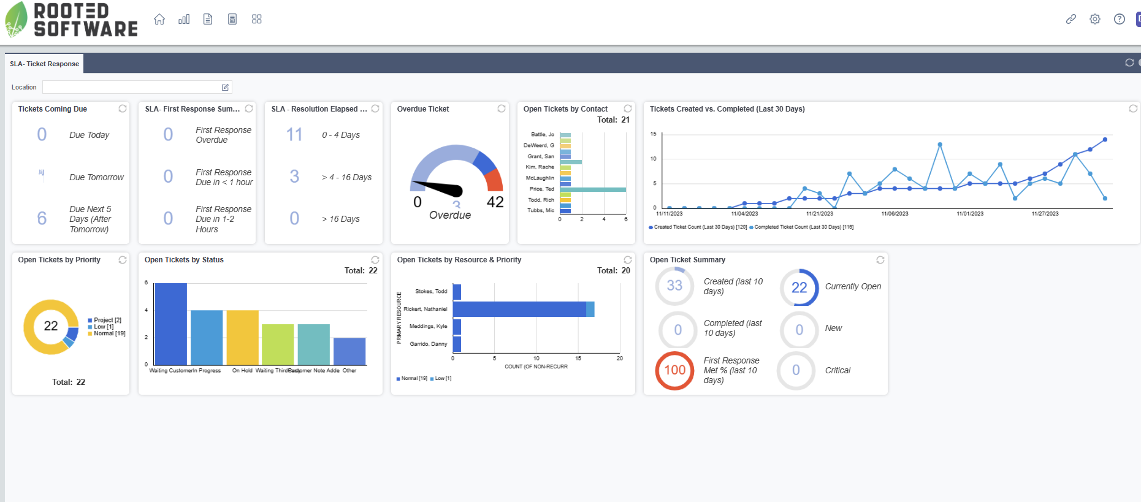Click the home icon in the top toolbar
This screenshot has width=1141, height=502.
point(159,19)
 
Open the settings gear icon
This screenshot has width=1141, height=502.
point(1095,19)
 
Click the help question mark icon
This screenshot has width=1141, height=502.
point(1120,19)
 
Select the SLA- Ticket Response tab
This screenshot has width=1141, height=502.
point(44,64)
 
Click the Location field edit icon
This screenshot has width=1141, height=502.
point(225,87)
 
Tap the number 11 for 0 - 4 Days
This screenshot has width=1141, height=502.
point(294,134)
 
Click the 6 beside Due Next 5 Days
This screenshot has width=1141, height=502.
point(42,218)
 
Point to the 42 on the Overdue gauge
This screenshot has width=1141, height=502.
point(495,202)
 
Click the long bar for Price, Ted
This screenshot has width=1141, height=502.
point(592,189)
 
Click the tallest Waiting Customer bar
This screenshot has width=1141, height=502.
point(170,324)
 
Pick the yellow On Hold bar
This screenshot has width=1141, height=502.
point(242,337)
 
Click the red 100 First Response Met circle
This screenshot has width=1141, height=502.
point(674,370)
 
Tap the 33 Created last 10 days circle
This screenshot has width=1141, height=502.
point(674,286)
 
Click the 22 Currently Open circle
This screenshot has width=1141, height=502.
point(799,287)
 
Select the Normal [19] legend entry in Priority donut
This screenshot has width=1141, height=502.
point(109,333)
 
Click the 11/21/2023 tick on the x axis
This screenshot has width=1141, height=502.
point(819,213)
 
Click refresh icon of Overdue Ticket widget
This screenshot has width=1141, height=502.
point(502,108)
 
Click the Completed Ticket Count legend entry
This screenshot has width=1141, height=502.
point(803,227)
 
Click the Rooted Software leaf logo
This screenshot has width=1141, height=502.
point(16,20)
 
